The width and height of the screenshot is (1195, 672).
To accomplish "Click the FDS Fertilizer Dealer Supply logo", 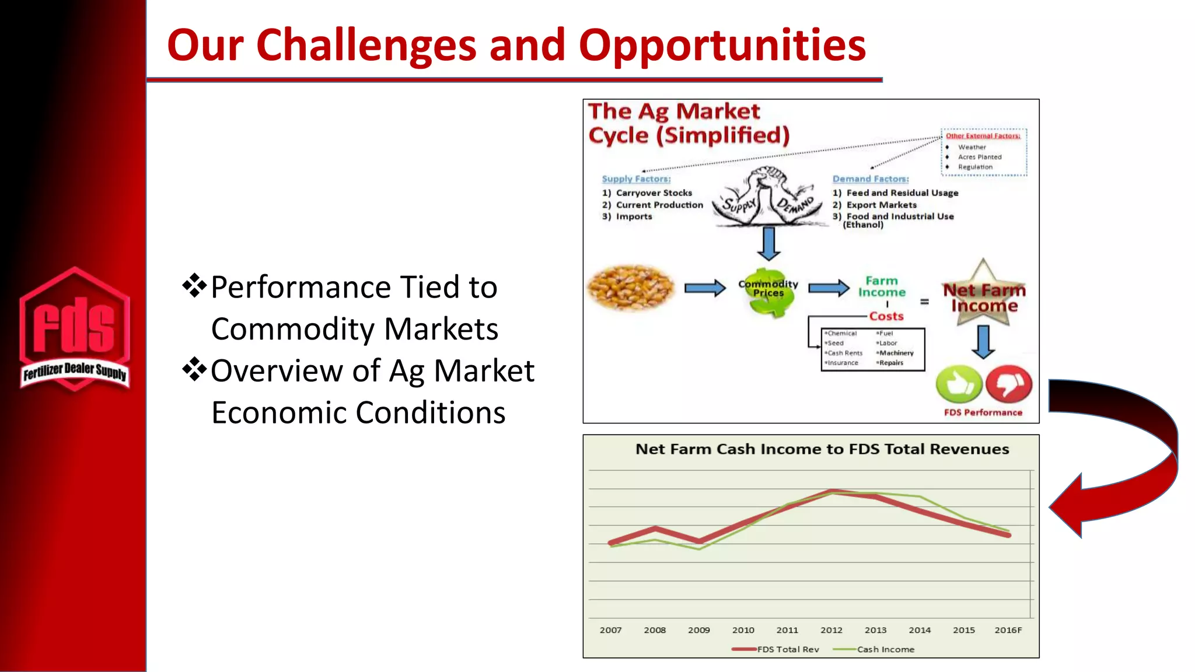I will click(75, 330).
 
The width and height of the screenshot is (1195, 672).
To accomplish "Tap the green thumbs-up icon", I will click(959, 384).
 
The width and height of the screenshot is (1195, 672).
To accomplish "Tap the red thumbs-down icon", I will click(1009, 384).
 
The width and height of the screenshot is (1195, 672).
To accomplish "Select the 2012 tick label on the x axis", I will click(831, 630).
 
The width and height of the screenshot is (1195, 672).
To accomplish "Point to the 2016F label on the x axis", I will click(1008, 630).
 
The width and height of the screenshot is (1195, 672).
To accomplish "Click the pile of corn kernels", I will click(631, 288).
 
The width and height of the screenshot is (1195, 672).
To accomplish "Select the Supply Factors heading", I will click(636, 179).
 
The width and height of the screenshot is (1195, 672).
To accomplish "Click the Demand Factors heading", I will click(870, 179).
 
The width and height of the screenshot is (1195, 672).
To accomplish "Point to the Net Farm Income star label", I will click(984, 297).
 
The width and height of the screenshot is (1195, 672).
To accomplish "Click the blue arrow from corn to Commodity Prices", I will click(704, 288).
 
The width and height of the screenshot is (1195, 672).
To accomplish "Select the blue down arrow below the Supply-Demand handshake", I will click(768, 243).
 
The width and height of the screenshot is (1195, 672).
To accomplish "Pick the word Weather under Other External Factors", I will click(972, 147).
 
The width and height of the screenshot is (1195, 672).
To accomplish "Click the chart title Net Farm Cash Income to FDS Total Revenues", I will click(822, 449).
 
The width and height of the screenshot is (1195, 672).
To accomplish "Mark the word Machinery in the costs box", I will click(896, 353).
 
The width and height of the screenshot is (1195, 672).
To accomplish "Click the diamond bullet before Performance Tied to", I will click(194, 286).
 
